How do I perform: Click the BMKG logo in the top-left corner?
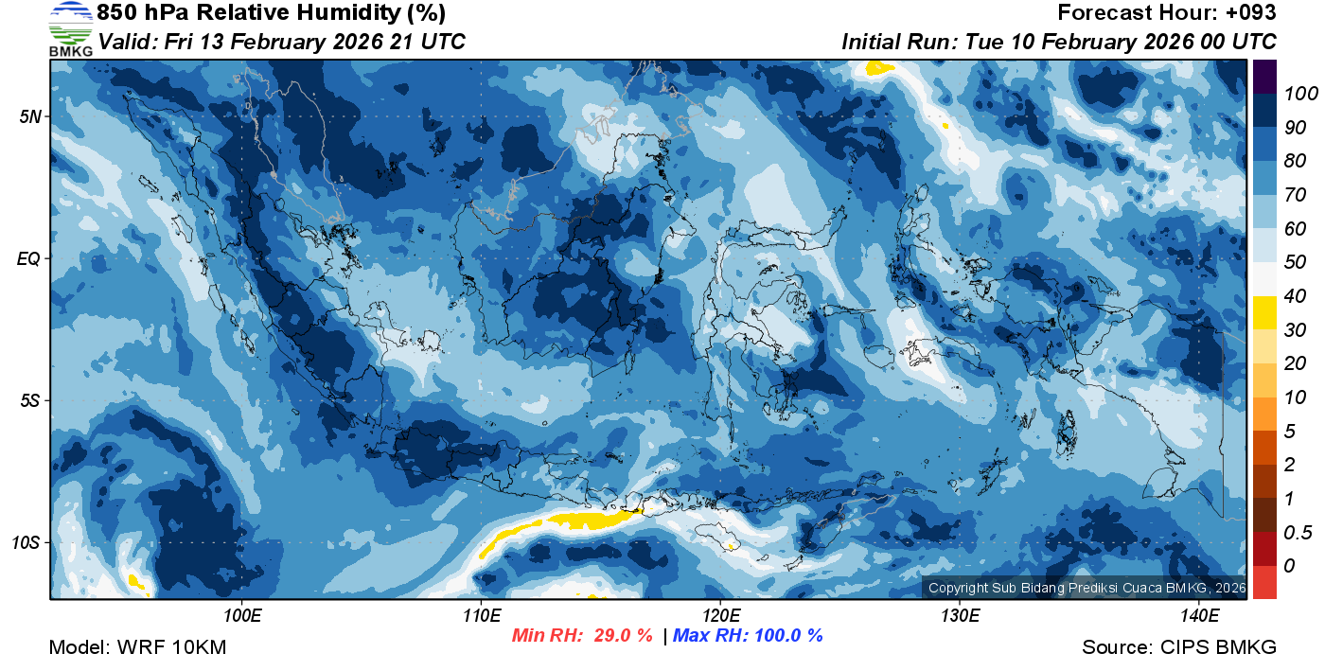point(70,29)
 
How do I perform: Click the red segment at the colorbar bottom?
point(1264,581)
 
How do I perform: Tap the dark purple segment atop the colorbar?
point(1264,77)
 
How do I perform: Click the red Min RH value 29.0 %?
point(623,636)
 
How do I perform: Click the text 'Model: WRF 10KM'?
point(137,648)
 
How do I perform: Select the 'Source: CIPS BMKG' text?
point(1179,648)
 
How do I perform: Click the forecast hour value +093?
point(1249,13)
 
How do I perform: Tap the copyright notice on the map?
point(1085,588)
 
